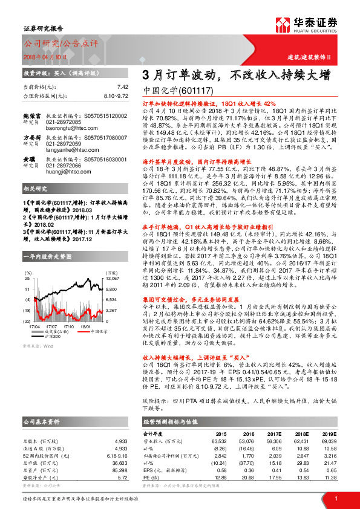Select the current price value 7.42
point(122,87)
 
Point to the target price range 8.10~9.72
point(115,96)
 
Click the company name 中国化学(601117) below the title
point(178,90)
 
